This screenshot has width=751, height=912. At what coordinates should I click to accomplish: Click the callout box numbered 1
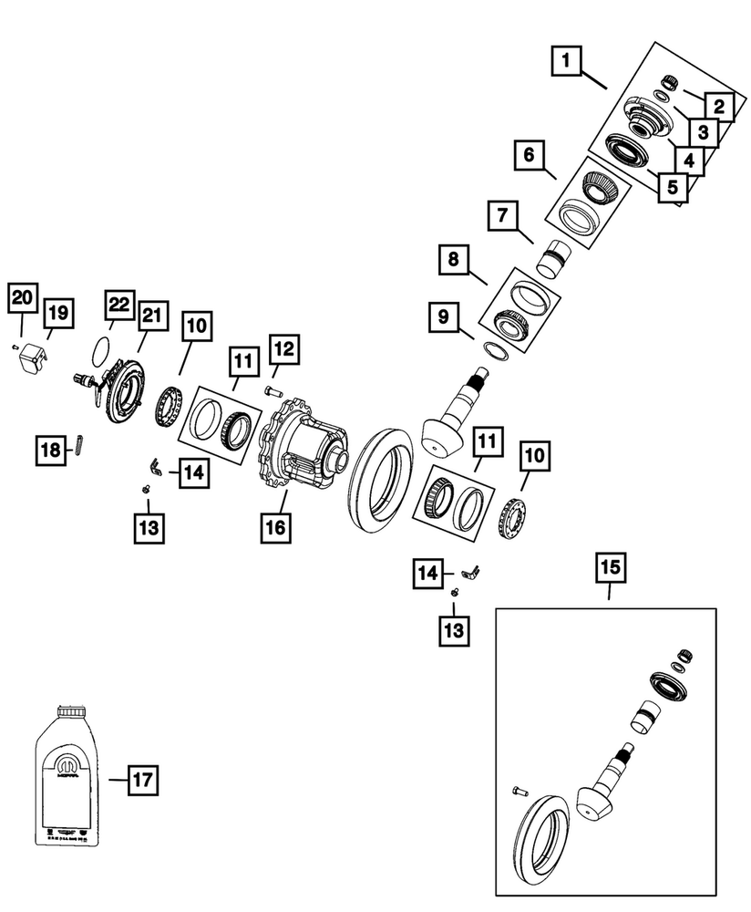(566, 62)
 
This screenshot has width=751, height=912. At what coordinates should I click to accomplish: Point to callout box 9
(443, 317)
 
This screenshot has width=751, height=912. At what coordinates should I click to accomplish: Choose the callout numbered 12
(283, 348)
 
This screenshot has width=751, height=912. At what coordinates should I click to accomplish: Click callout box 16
(275, 526)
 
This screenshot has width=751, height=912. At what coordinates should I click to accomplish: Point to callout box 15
(608, 567)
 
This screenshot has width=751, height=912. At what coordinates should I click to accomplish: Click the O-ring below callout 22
(104, 347)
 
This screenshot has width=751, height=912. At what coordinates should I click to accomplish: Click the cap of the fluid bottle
(71, 712)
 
